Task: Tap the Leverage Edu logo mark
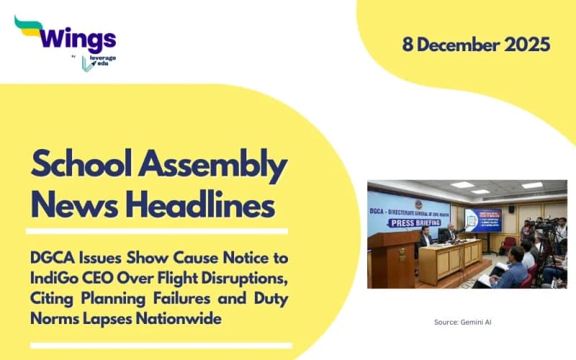coord(87,63)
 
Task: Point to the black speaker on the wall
coord(511,210)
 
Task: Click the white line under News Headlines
coord(156,231)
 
